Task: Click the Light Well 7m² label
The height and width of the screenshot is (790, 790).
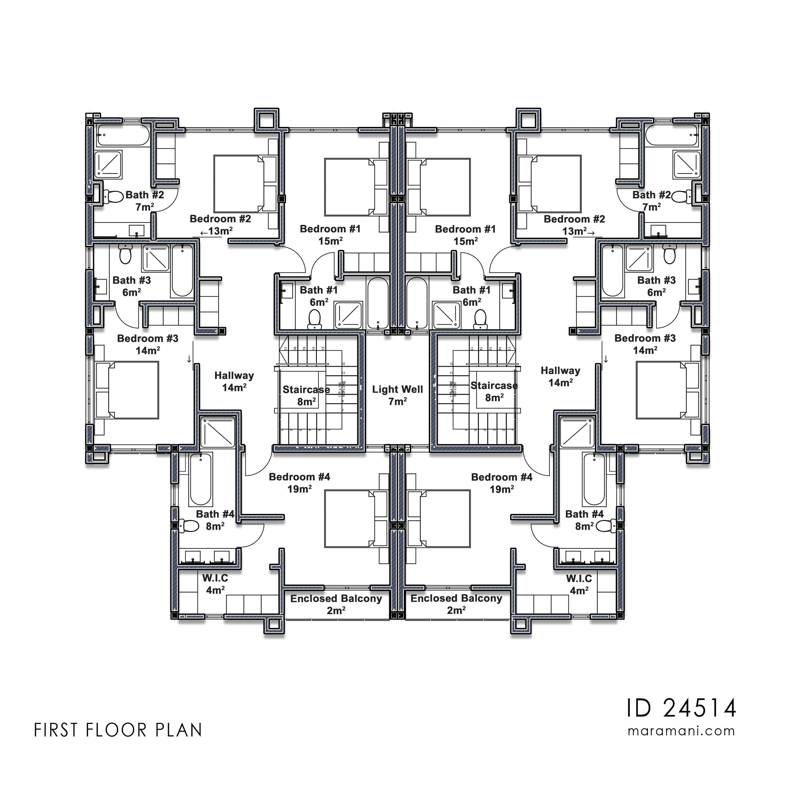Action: (397, 395)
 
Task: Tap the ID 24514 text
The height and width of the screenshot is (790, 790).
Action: (681, 709)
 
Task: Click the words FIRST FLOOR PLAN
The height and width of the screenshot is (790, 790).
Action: (118, 731)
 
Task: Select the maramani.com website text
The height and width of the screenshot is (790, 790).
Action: (681, 731)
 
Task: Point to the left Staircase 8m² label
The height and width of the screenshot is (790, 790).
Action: (306, 395)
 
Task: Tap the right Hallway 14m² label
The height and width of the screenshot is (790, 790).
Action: (560, 376)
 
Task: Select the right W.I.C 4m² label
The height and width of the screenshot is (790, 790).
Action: (579, 584)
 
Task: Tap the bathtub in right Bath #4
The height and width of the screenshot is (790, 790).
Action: (594, 479)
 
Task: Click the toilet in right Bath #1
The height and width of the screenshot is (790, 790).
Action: (480, 319)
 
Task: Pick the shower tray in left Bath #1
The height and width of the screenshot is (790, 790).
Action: (349, 315)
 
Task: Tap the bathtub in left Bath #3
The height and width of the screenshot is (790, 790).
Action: (182, 270)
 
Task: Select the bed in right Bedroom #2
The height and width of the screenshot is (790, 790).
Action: (550, 183)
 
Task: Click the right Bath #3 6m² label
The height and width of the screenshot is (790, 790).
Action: (656, 286)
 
